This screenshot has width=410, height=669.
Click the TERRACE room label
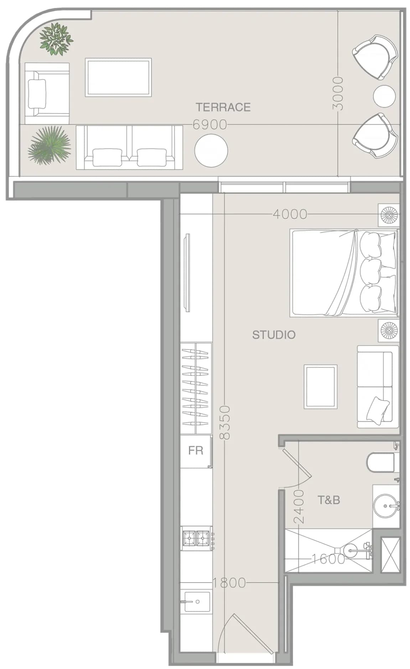point(223,107)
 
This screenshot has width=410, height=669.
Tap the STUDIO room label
point(274,335)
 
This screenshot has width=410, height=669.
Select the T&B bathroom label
point(328,500)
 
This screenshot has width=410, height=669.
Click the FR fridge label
point(196,451)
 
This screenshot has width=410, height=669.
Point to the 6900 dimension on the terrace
point(210,125)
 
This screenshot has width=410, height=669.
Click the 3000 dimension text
point(337,93)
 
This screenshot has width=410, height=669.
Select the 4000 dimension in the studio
point(290,214)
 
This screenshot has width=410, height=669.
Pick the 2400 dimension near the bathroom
point(299,506)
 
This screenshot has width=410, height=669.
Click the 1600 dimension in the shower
point(328,559)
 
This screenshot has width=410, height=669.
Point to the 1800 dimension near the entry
point(229,583)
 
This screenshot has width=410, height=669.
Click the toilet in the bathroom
point(381,462)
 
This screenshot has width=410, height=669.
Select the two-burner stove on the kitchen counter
point(196,538)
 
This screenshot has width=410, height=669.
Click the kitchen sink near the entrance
point(197,602)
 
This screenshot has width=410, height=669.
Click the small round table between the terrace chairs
point(384,96)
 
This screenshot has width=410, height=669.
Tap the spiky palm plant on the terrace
point(50,145)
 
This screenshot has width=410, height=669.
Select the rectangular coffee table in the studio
point(321,387)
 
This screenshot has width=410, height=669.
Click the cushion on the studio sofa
point(378,410)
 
